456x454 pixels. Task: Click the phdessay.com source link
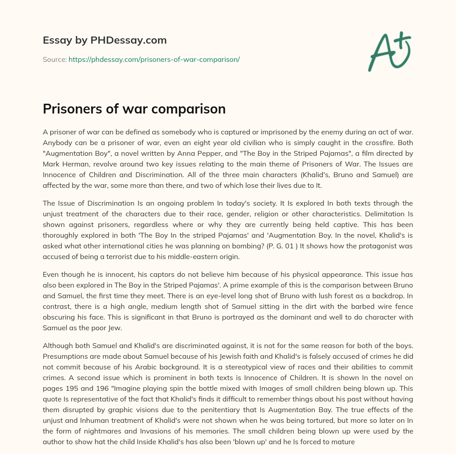coord(154,59)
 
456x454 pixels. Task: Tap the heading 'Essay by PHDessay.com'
coord(105,40)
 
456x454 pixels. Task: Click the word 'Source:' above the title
coord(54,59)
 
